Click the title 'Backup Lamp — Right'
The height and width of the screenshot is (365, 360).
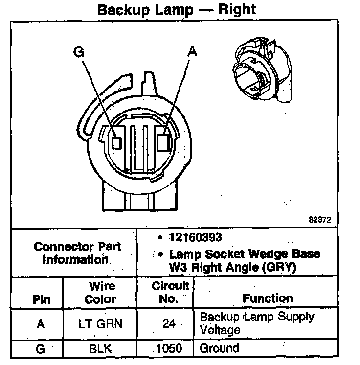point(177,10)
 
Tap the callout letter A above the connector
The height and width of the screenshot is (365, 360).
point(192,52)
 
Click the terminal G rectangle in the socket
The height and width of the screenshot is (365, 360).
point(116,142)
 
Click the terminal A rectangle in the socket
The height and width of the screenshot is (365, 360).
point(164,141)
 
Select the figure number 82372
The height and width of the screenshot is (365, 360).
point(319,220)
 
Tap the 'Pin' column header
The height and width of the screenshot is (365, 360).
point(42,299)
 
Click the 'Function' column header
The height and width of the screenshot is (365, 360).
point(268,298)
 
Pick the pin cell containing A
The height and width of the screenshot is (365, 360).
point(41,323)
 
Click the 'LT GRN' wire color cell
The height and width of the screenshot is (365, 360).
point(101,323)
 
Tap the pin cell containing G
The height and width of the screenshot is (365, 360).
point(41,349)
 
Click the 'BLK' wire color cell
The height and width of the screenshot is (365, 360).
point(101,349)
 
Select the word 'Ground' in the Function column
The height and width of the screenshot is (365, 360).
point(220,349)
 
